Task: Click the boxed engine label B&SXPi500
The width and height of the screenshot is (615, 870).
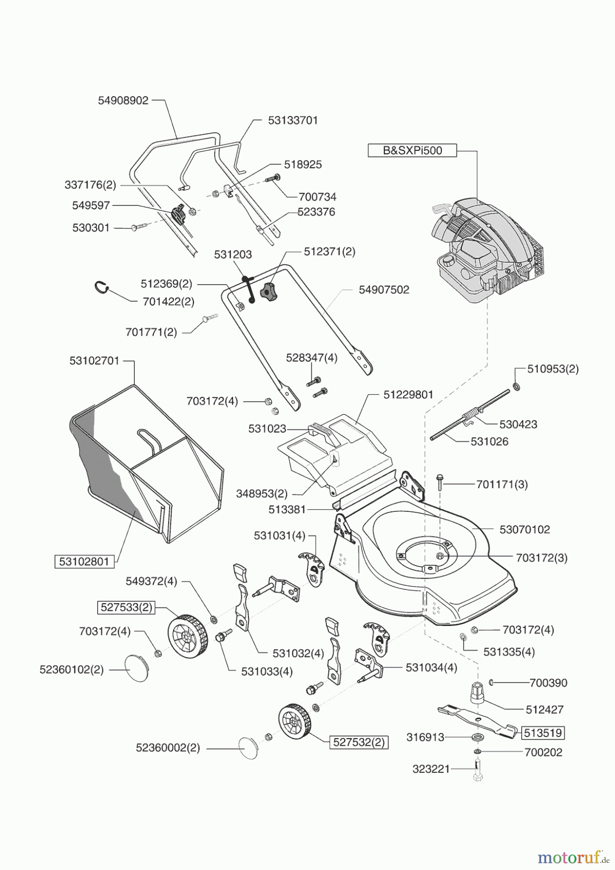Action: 412,150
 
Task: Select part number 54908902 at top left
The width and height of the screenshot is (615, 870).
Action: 123,101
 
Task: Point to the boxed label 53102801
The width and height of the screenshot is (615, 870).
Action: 85,562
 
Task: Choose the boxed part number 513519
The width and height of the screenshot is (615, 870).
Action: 543,733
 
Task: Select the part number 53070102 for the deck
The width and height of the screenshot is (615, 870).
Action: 525,529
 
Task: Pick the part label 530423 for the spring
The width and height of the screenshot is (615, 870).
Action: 518,424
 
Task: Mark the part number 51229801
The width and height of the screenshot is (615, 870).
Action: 408,394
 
